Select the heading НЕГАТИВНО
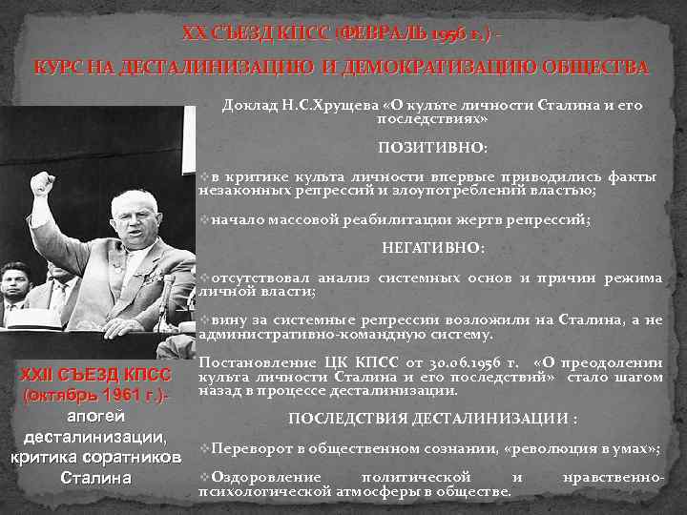click(432, 247)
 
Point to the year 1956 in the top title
click(456, 34)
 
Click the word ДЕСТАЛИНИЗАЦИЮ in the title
click(194, 69)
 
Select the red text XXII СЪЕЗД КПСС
click(95, 376)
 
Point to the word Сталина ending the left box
click(95, 478)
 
